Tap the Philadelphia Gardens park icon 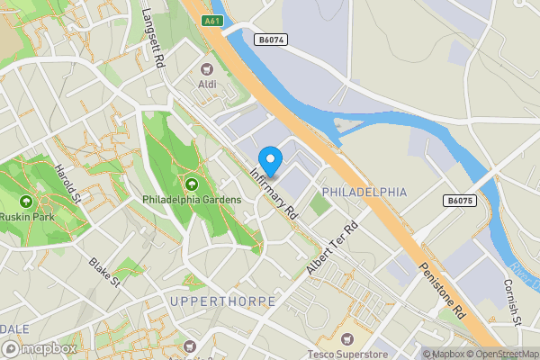point(191,184)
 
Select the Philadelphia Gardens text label point(191,199)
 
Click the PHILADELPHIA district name point(364,193)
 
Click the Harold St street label point(67,184)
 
